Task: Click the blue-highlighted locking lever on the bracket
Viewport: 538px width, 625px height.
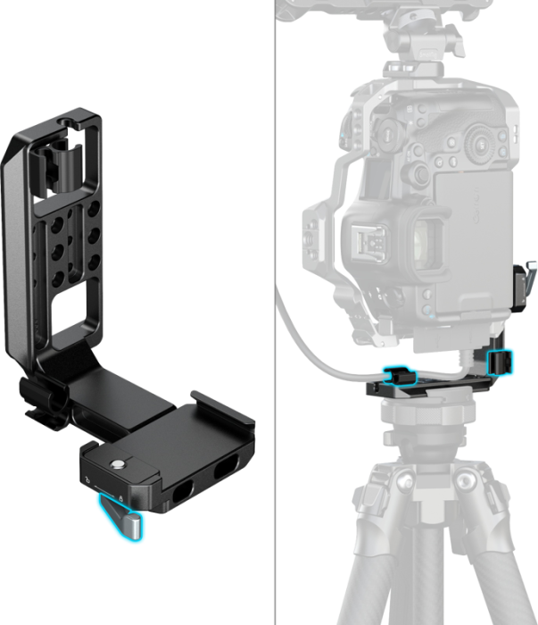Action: [x=124, y=517]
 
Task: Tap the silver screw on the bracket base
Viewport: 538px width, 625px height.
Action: [x=117, y=464]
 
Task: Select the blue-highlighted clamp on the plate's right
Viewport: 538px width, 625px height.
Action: [x=501, y=362]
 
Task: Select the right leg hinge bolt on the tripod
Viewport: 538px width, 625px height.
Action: [x=467, y=483]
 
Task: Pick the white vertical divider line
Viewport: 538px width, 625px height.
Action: [x=274, y=312]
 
